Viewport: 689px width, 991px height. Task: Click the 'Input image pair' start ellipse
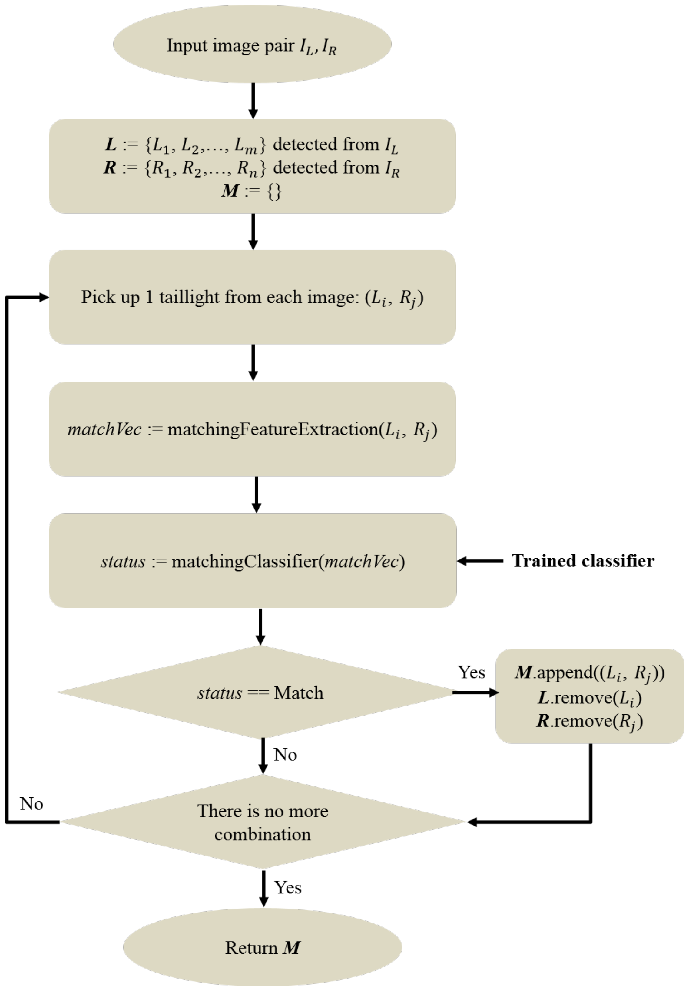tap(252, 45)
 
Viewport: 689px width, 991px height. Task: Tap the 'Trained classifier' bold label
tap(582, 561)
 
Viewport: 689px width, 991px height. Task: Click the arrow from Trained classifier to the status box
tap(480, 561)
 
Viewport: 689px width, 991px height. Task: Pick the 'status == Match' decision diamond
tap(260, 692)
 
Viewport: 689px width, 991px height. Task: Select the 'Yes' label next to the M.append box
tap(471, 672)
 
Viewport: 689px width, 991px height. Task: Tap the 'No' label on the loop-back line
tap(31, 804)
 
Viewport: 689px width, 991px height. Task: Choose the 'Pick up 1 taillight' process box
tap(252, 297)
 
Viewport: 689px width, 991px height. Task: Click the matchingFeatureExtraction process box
tap(252, 429)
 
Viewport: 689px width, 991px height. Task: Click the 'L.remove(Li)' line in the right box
tap(589, 698)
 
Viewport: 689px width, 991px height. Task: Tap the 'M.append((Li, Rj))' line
tap(589, 673)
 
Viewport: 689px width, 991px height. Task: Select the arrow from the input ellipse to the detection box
tap(253, 101)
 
